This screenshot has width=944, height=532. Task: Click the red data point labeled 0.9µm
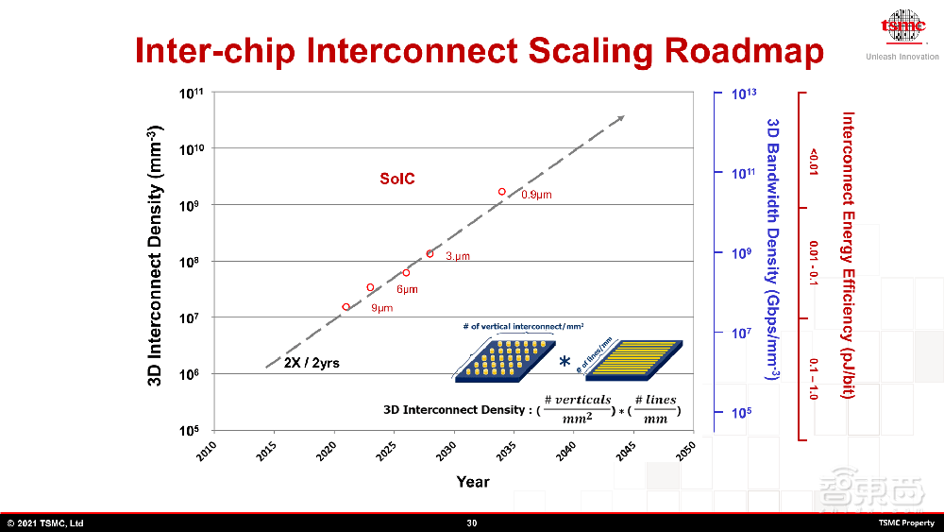point(502,192)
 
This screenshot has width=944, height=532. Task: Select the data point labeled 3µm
point(430,253)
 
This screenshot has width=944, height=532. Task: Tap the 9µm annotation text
point(381,308)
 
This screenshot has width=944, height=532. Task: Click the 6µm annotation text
point(407,289)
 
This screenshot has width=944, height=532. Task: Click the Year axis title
point(473,482)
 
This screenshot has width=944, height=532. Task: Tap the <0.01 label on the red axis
point(813,160)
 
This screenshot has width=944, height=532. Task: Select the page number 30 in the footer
point(472,523)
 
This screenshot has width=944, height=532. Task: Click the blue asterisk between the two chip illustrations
point(565,362)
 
